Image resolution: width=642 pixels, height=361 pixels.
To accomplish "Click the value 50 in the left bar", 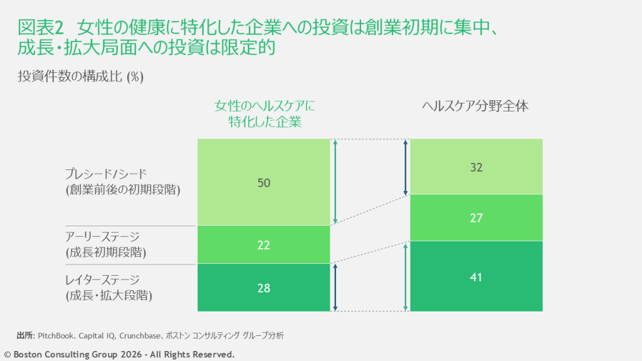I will point(264,183).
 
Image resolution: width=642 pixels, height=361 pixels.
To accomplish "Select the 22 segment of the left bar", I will point(264,245).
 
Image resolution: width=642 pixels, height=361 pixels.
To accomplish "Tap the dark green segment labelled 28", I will point(264,288).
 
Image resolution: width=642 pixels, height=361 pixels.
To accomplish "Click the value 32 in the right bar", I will point(476,167).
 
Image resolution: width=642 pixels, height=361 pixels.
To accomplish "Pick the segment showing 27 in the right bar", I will point(476,218).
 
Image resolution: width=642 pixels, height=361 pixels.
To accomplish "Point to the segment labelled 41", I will point(476,276).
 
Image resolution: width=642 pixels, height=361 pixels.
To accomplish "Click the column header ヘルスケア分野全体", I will point(476,107).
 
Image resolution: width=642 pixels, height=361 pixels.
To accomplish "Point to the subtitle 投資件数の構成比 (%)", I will point(81,77).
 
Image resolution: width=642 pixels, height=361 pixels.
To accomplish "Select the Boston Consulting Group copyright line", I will point(120,355).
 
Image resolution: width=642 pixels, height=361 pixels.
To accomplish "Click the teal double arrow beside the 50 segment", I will point(336,182).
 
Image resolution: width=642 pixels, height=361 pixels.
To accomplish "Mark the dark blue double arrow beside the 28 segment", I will point(336,288).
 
